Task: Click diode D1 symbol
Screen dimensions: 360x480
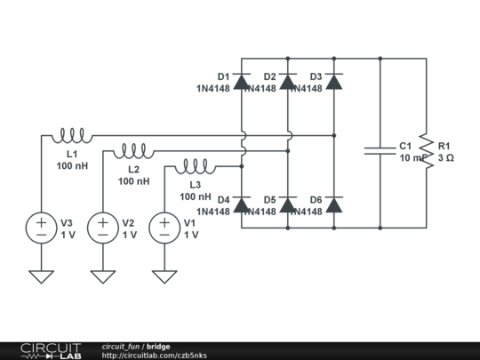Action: [242, 82]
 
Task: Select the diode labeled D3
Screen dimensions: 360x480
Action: [334, 82]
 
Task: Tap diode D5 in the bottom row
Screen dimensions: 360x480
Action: [288, 205]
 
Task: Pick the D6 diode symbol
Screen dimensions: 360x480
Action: [334, 205]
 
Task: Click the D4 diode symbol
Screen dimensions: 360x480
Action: [242, 205]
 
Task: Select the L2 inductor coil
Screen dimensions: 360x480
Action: [134, 150]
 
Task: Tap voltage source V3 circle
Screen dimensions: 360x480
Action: [42, 228]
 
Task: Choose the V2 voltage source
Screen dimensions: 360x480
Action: [103, 228]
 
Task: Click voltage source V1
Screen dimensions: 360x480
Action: [164, 228]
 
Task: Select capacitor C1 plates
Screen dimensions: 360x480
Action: [380, 151]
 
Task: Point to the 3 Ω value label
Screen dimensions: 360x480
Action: [445, 157]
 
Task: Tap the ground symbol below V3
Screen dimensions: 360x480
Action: [42, 276]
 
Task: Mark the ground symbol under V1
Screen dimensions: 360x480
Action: [164, 276]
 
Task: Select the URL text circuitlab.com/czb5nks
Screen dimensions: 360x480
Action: [155, 356]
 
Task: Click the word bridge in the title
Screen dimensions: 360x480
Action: [159, 347]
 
